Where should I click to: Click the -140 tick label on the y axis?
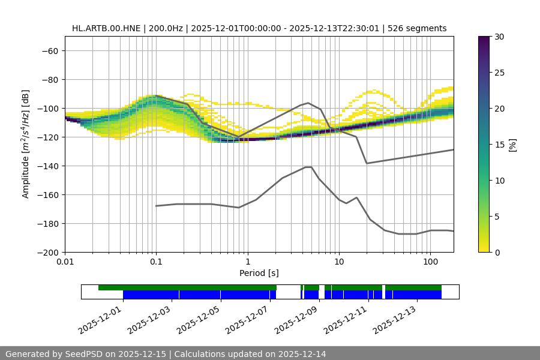pos(48,166)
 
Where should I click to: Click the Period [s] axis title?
pos(259,274)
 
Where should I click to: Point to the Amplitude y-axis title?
pos(25,144)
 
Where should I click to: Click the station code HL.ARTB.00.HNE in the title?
pos(106,28)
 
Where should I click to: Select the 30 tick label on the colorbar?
pos(499,37)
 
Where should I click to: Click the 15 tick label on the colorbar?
pos(499,145)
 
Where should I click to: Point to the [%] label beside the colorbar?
pos(512,145)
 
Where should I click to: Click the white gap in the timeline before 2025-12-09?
pos(288,292)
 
